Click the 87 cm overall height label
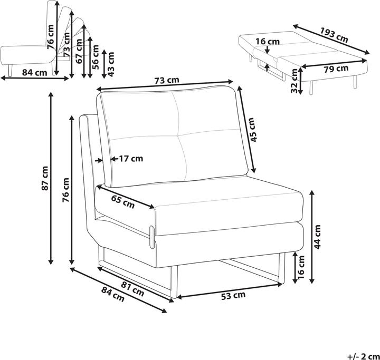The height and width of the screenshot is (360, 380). [x=45, y=178]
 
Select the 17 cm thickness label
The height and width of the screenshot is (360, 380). [x=131, y=159]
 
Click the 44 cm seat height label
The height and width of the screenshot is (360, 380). [x=317, y=237]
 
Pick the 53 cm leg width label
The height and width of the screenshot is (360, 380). [x=233, y=296]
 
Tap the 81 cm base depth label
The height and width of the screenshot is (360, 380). [x=132, y=289]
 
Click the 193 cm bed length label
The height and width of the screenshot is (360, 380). [x=334, y=35]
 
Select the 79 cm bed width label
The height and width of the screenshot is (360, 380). [x=336, y=69]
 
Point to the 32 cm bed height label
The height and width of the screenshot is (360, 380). [x=294, y=81]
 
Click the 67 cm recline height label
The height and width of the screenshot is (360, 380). [x=79, y=51]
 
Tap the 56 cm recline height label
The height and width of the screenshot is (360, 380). [x=96, y=57]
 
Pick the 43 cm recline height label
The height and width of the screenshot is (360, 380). [x=111, y=64]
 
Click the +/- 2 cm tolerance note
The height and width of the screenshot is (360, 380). [x=363, y=356]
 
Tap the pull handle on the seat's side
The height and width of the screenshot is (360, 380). [x=152, y=237]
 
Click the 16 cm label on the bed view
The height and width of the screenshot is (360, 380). [x=268, y=42]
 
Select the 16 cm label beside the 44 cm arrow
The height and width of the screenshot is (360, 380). [x=300, y=267]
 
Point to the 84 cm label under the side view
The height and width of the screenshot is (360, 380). [x=34, y=72]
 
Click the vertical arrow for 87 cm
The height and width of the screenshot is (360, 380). [x=51, y=178]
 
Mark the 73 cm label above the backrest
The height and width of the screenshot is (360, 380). [x=167, y=80]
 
